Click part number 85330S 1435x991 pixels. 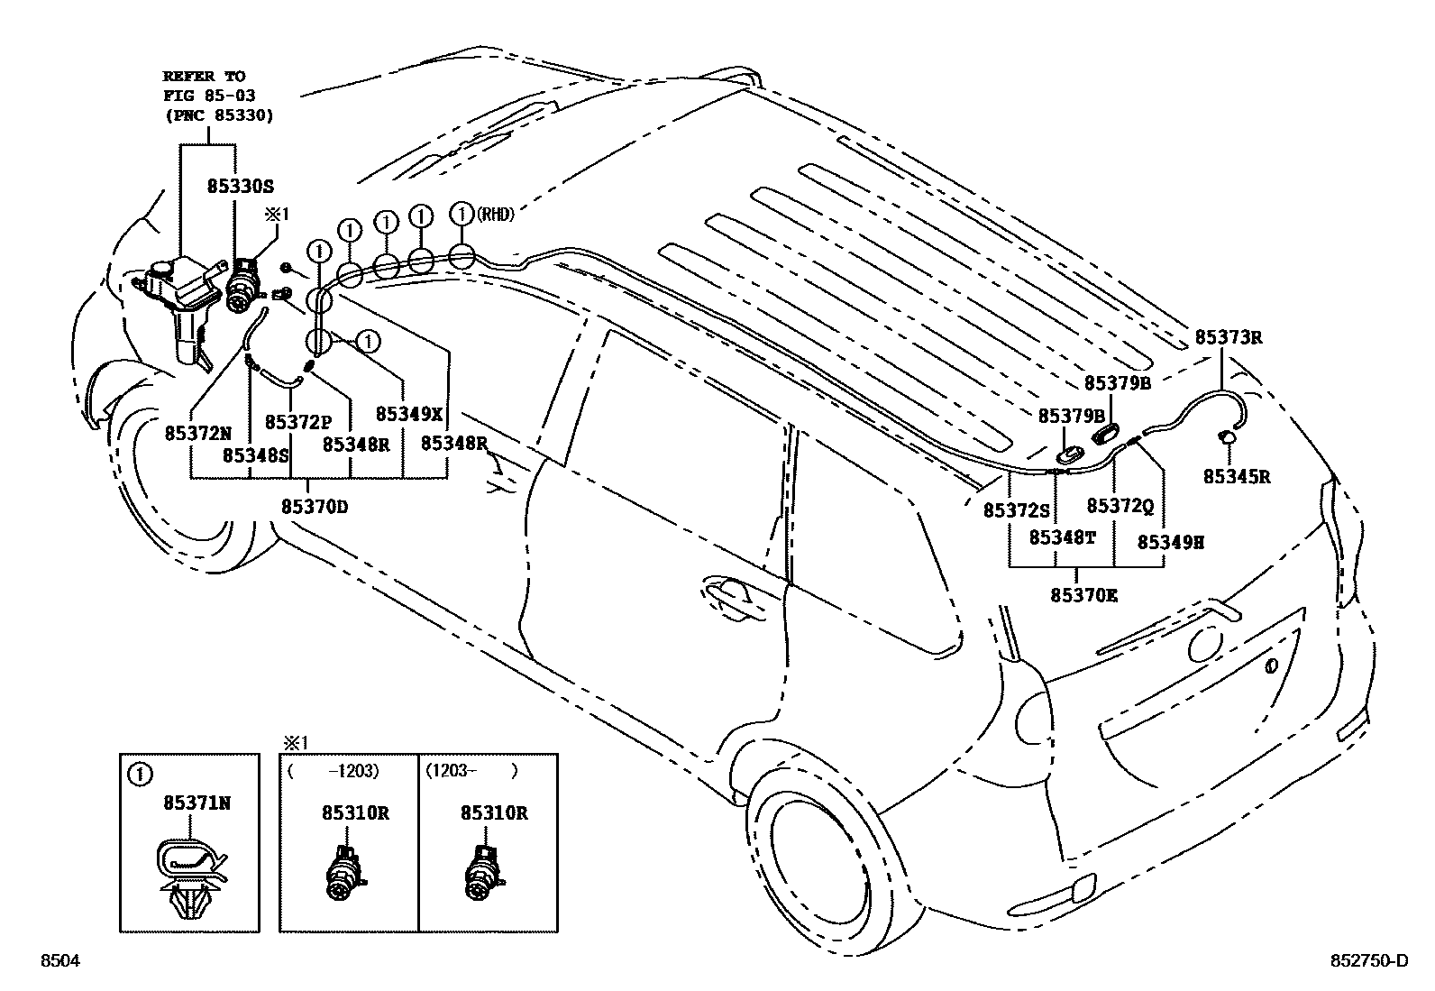pyautogui.click(x=240, y=187)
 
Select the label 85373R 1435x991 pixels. pyautogui.click(x=1228, y=338)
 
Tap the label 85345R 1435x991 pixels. pyautogui.click(x=1236, y=477)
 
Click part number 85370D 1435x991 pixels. pyautogui.click(x=314, y=507)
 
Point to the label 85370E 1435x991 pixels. pyautogui.click(x=1083, y=595)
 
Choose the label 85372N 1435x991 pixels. pyautogui.click(x=197, y=433)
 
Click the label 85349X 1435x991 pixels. pyautogui.click(x=409, y=414)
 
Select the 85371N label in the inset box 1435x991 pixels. pyautogui.click(x=197, y=802)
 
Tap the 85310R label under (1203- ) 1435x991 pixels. pyautogui.click(x=493, y=812)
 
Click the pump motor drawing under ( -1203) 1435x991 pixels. pyautogui.click(x=343, y=872)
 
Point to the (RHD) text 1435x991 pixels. pyautogui.click(x=496, y=215)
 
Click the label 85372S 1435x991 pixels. pyautogui.click(x=1016, y=510)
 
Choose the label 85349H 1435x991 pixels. pyautogui.click(x=1171, y=542)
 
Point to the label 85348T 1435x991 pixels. pyautogui.click(x=1063, y=537)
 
